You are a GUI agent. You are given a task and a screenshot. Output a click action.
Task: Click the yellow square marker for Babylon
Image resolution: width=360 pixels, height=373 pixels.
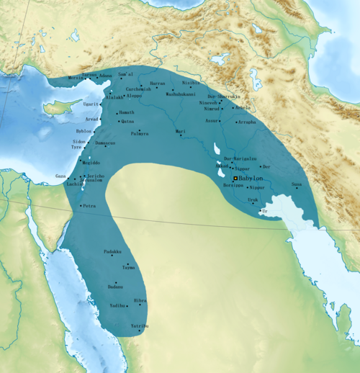pos(235,177)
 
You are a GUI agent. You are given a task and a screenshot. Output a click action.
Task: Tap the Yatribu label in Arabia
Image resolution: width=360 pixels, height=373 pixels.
pos(140,326)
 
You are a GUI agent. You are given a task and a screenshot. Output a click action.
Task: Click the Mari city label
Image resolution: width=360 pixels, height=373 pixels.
pos(181,132)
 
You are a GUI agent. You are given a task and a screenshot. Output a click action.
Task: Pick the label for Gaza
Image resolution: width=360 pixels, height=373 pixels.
pos(60,176)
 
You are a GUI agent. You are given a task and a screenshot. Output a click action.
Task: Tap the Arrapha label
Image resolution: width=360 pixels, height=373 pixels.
pos(247,122)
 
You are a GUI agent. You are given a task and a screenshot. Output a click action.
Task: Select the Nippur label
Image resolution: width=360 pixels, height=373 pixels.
pos(257,187)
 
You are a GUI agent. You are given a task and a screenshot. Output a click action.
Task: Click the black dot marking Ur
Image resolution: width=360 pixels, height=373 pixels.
pos(261,210)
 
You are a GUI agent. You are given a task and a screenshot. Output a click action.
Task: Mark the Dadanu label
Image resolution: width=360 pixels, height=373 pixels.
pos(114,287)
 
